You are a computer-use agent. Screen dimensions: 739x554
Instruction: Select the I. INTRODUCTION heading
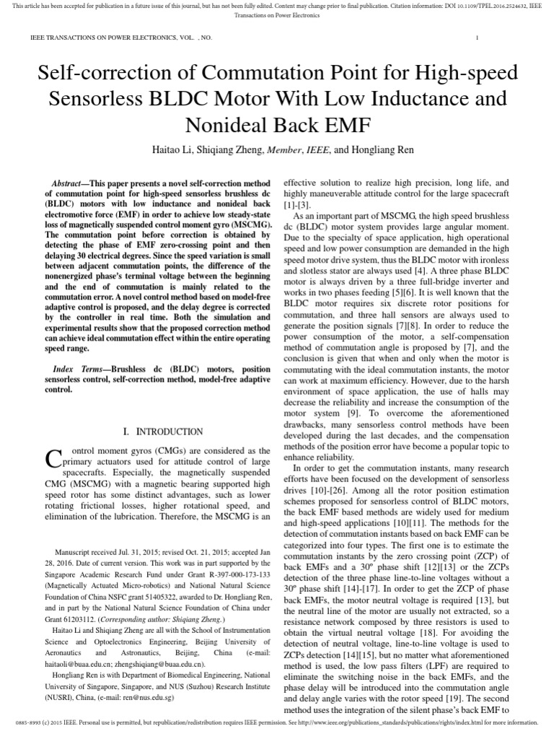[x=163, y=432]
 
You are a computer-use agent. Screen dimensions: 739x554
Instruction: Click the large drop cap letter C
[x=53, y=458]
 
